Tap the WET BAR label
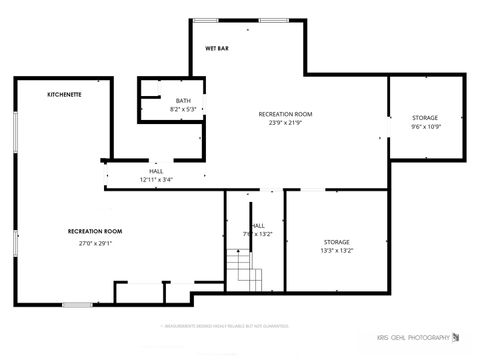coord(217,48)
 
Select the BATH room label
coord(183,100)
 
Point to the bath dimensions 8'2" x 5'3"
coord(183,109)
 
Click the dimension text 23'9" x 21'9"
coord(285,123)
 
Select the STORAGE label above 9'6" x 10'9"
coord(425,118)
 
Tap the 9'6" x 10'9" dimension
coord(425,127)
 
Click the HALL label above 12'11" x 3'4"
coord(156,171)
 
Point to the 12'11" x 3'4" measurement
coord(156,180)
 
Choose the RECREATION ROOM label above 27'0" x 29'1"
coord(95,231)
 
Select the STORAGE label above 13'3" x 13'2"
coord(336,242)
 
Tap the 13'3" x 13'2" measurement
coord(336,251)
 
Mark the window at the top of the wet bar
coord(207,19)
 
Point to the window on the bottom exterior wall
coord(76,304)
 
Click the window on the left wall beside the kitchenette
coord(15,135)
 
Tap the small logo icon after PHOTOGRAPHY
coord(458,335)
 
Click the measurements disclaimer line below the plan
coord(225,325)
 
